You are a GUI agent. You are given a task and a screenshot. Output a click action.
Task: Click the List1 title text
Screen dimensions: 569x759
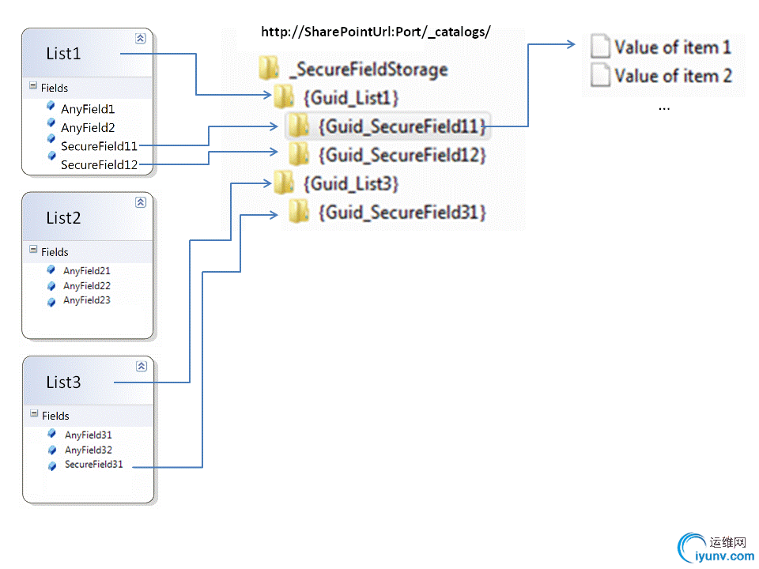tap(63, 55)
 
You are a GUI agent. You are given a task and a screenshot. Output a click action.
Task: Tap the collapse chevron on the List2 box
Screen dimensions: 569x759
tap(141, 202)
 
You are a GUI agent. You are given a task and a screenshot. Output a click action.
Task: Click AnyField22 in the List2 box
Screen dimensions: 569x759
tap(87, 285)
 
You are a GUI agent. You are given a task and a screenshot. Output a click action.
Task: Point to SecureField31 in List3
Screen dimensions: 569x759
tap(93, 465)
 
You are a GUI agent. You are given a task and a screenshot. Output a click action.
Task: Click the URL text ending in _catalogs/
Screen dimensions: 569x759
tap(376, 32)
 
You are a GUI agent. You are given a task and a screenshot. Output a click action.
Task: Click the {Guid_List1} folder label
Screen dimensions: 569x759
tap(350, 98)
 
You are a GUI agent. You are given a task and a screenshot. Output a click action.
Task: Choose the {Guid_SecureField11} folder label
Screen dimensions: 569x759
tap(402, 126)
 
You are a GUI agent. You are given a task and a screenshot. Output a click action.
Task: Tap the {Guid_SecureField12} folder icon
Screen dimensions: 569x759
tap(298, 154)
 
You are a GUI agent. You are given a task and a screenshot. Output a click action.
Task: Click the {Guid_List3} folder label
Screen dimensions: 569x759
tap(350, 184)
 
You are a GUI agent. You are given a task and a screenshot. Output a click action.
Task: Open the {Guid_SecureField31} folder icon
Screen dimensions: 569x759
tap(298, 212)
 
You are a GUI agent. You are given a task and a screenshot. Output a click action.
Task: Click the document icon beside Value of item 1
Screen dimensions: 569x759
tap(601, 47)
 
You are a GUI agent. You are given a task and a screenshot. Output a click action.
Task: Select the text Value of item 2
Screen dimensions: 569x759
tap(673, 76)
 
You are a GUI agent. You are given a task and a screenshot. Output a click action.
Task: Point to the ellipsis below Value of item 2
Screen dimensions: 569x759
tap(664, 106)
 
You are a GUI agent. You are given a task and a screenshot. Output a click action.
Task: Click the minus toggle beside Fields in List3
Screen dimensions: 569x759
tap(34, 414)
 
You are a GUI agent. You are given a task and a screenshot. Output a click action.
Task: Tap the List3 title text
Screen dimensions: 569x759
tap(63, 382)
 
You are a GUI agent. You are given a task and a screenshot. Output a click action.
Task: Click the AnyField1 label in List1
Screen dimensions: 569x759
tap(88, 109)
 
